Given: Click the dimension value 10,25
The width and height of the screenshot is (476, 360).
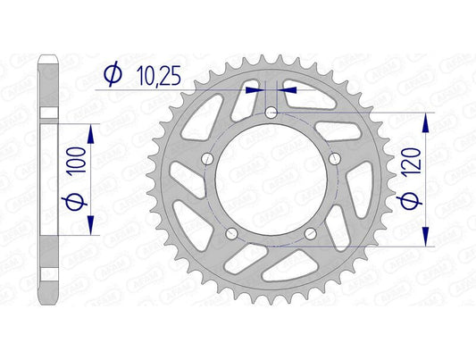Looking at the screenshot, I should pos(158,80).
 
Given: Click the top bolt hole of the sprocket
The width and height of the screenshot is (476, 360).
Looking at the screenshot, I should pos(271,113).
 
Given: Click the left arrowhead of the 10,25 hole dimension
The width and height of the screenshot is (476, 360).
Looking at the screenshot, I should pos(261,89).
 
